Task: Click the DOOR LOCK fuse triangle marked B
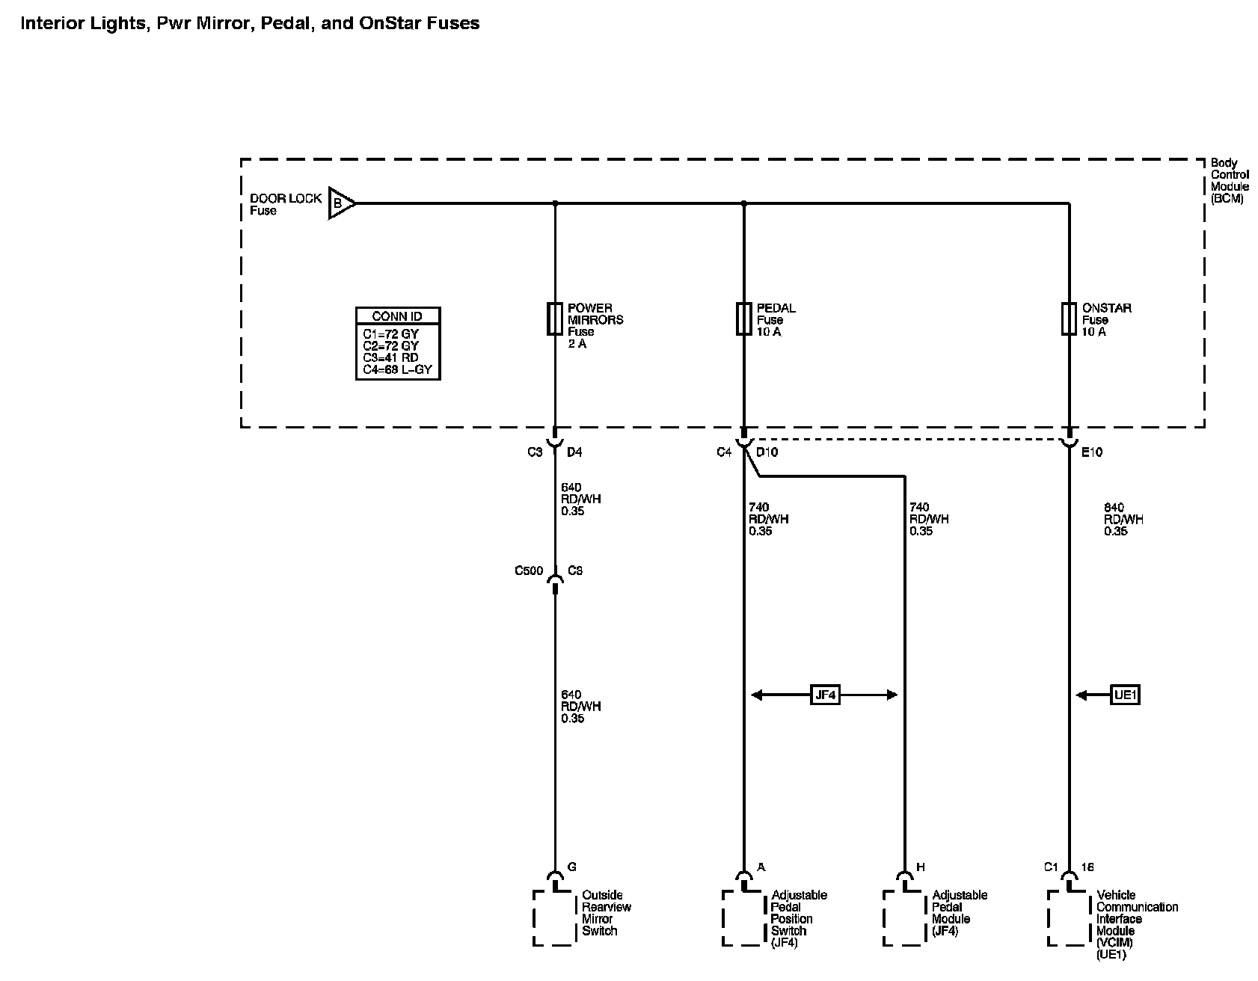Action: point(340,203)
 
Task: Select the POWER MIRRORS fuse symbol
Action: point(554,319)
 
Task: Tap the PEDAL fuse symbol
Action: point(743,319)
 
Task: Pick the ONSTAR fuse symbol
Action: point(1069,319)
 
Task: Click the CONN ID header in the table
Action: point(397,316)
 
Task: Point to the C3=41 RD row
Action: point(390,357)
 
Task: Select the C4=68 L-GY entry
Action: point(397,369)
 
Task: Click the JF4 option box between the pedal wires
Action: point(825,695)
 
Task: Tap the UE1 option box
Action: point(1125,695)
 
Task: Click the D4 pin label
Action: point(574,452)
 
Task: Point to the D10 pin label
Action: point(767,452)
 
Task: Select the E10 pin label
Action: point(1092,452)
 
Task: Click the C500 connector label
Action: point(529,571)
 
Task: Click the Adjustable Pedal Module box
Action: point(906,918)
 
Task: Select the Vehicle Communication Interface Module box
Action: point(1070,918)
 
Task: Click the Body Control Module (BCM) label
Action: point(1230,181)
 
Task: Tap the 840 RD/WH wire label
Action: point(1123,520)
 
